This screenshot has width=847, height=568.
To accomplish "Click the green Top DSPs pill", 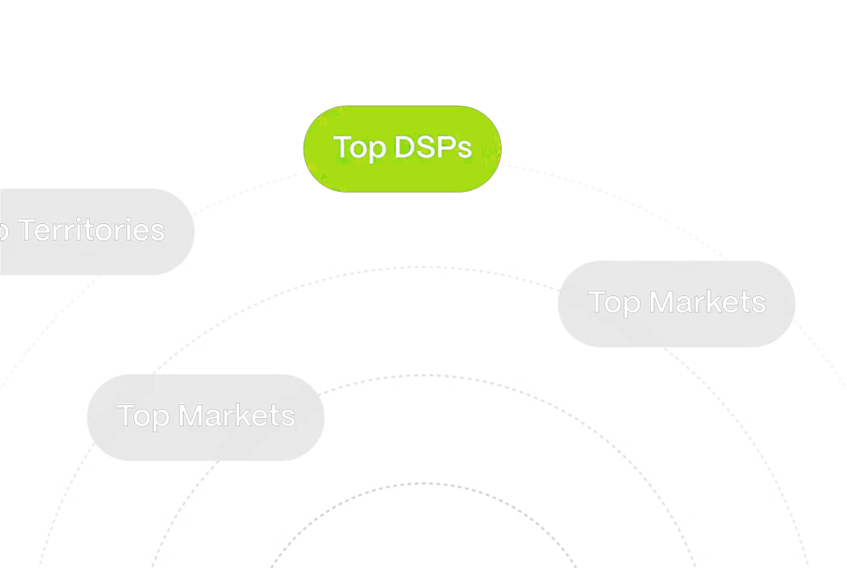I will point(402,149).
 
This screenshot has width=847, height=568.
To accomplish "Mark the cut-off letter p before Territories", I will point(4,232).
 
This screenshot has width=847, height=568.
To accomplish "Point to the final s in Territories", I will point(158,231).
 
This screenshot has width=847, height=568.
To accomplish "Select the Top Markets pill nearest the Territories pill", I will point(205,417).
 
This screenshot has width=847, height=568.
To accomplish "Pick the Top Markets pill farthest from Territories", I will point(677,303).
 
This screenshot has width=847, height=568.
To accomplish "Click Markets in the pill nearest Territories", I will point(238,415).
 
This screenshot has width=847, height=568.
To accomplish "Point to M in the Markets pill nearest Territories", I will point(194,415).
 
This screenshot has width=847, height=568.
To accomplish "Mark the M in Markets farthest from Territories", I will point(664,302).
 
